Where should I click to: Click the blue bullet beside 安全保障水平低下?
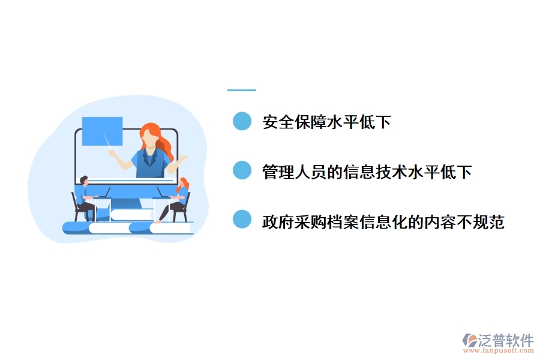pyautogui.click(x=242, y=121)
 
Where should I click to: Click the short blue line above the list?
pyautogui.click(x=242, y=90)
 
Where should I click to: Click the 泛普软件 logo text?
pyautogui.click(x=506, y=340)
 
